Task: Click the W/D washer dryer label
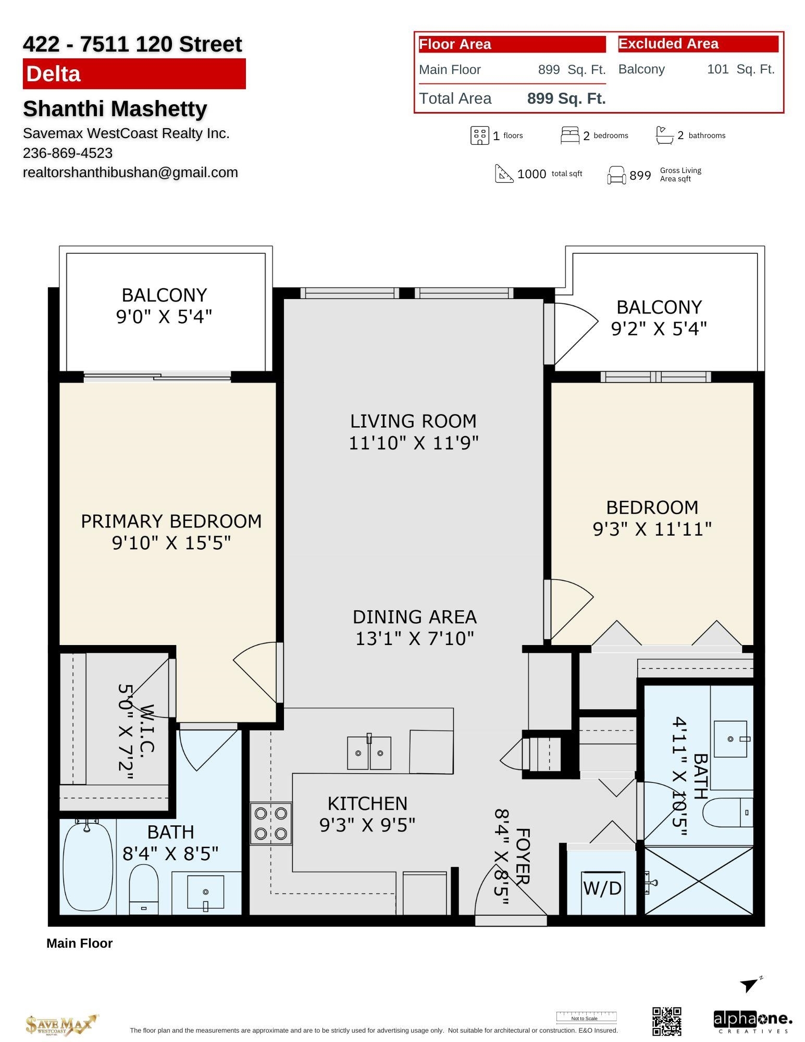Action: pyautogui.click(x=602, y=888)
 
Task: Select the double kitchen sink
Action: pyautogui.click(x=369, y=753)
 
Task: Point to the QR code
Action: pyautogui.click(x=666, y=1021)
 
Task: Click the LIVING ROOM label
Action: pyautogui.click(x=413, y=421)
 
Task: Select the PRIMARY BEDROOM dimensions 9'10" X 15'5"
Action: pyautogui.click(x=171, y=543)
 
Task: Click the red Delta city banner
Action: pyautogui.click(x=134, y=74)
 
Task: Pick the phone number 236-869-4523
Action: pyautogui.click(x=68, y=153)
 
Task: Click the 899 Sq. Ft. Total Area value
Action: pyautogui.click(x=566, y=98)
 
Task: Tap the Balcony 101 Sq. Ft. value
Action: pyautogui.click(x=740, y=69)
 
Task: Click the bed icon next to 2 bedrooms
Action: pyautogui.click(x=569, y=135)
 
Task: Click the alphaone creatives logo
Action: pyautogui.click(x=752, y=1021)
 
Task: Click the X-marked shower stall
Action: pyautogui.click(x=699, y=880)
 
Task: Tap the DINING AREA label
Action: pyautogui.click(x=414, y=617)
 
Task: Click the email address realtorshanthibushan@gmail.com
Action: pyautogui.click(x=130, y=172)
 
